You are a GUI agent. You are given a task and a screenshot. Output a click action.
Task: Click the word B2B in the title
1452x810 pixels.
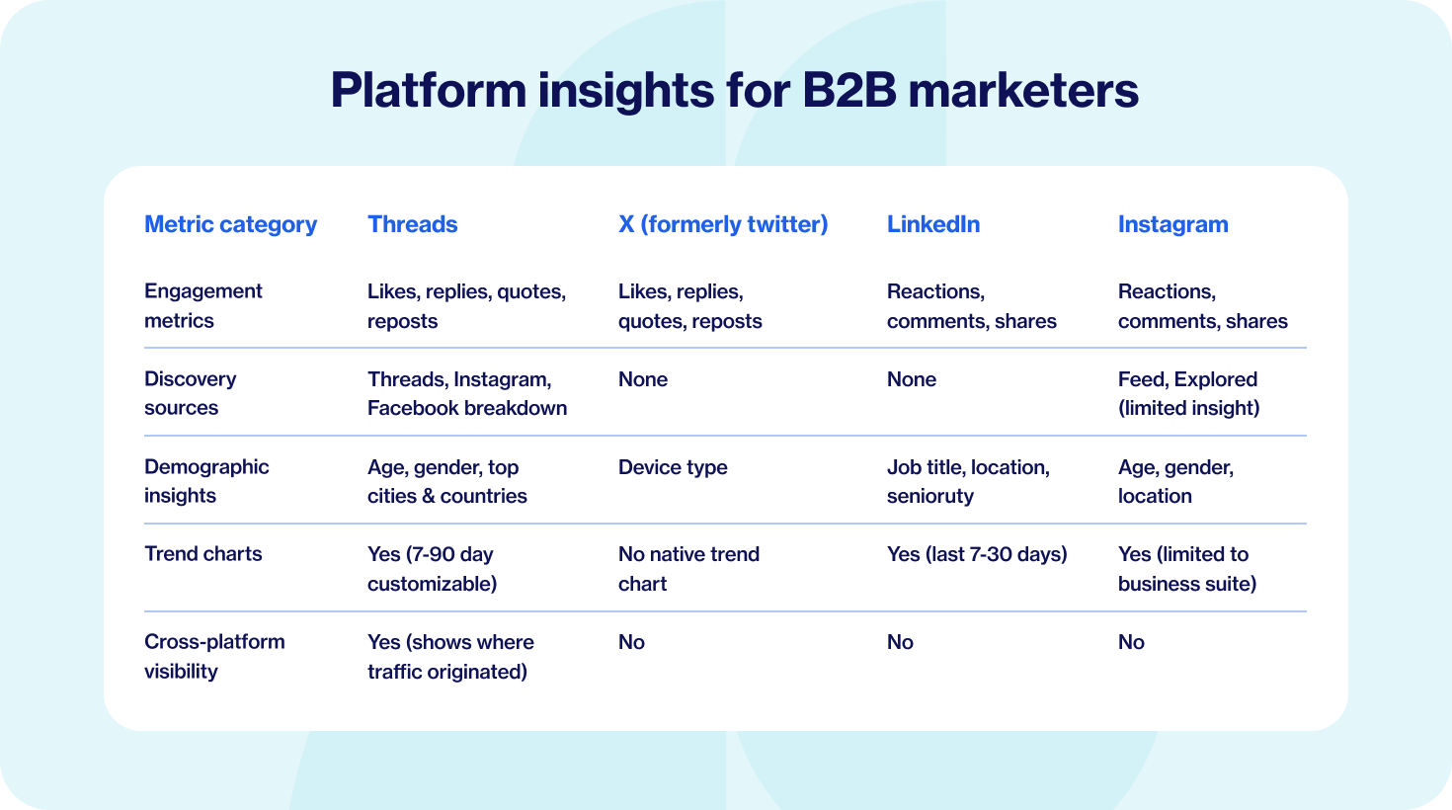(x=849, y=90)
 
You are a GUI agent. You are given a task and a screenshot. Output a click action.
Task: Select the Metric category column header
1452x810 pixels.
(x=231, y=225)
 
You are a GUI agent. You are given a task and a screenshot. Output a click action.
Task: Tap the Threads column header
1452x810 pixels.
(x=412, y=224)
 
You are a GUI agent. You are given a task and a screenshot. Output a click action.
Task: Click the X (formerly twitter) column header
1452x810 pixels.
(x=723, y=225)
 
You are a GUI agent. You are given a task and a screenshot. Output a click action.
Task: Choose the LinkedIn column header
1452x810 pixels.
(x=933, y=224)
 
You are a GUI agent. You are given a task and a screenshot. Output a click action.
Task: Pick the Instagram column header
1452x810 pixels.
(x=1173, y=225)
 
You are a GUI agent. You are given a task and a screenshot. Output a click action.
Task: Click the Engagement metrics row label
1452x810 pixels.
(x=202, y=305)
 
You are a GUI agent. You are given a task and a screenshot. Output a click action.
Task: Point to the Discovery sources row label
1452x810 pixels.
(x=190, y=393)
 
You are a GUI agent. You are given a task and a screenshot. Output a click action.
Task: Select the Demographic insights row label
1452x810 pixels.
(x=206, y=481)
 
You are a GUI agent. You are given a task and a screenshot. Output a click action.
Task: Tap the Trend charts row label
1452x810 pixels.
(x=202, y=554)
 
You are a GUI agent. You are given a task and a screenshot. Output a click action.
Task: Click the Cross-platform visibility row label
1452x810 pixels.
(x=214, y=656)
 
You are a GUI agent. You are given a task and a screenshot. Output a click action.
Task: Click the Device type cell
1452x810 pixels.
(x=673, y=467)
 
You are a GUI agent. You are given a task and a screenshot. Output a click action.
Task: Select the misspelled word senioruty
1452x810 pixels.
(x=930, y=496)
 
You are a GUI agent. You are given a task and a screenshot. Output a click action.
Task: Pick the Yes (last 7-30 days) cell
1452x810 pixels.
(x=977, y=555)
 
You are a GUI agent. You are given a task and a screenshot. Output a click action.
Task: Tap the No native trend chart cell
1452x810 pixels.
(x=689, y=569)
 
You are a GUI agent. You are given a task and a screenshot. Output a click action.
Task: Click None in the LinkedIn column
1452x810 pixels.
(x=912, y=379)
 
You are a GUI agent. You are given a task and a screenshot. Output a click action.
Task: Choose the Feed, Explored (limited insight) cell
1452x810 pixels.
(x=1189, y=393)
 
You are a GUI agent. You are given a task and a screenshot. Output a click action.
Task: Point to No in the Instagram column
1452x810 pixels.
(x=1131, y=642)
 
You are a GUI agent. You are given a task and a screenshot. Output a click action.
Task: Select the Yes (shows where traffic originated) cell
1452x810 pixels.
(x=450, y=657)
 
